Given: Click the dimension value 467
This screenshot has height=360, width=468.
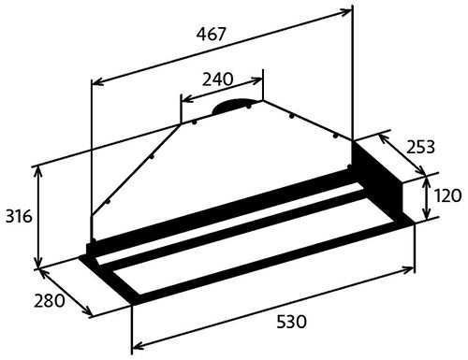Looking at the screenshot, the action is point(211,34).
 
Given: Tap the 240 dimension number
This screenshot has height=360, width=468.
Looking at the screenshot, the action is point(217,79).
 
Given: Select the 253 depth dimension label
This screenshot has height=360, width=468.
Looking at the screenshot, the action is point(420,147).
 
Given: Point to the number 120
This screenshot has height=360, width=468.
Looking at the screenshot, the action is point(447,195).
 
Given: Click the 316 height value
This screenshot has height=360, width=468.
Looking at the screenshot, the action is point(19,216).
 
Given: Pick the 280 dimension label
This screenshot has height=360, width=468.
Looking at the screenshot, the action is point(50,301).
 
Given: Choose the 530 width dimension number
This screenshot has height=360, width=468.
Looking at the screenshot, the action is point(292,322).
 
